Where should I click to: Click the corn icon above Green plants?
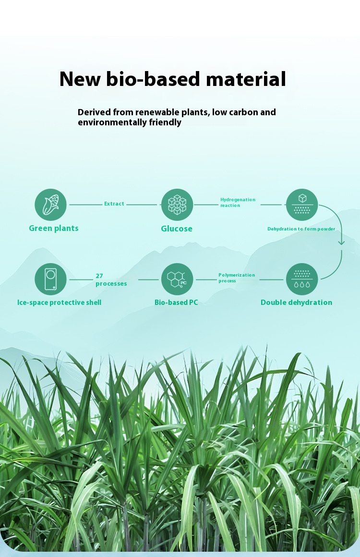click(50, 205)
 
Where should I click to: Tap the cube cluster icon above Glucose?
click(177, 205)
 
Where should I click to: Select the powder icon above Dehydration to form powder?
click(302, 205)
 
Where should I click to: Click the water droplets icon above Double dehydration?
click(302, 279)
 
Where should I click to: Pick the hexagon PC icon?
click(177, 279)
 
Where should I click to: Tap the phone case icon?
click(50, 279)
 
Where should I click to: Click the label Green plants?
click(54, 228)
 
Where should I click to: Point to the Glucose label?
click(177, 229)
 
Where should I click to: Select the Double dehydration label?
click(296, 302)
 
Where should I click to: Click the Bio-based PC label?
click(176, 303)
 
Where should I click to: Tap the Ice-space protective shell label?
click(59, 303)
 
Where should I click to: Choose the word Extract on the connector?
click(114, 204)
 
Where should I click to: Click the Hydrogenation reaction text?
click(238, 202)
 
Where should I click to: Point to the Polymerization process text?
click(237, 278)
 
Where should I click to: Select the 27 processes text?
click(111, 279)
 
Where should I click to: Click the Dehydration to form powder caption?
click(301, 229)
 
